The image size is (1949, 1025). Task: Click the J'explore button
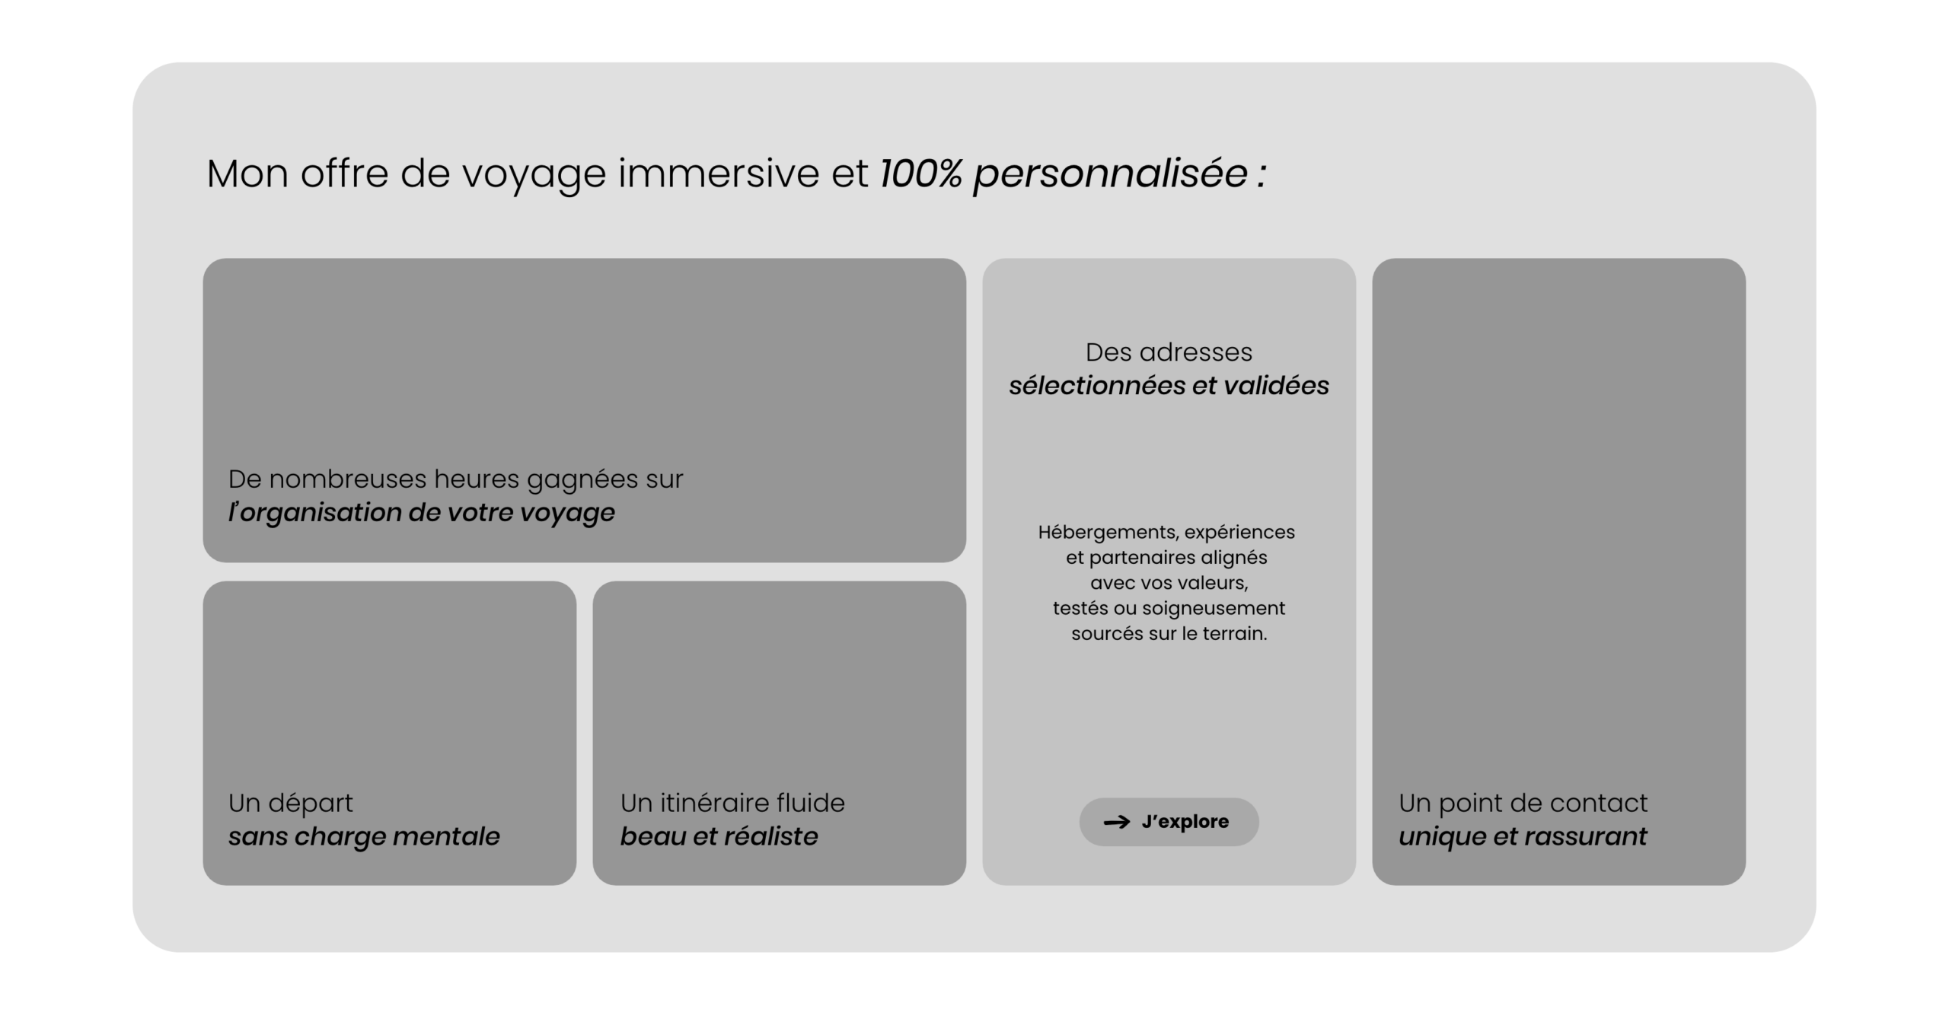pyautogui.click(x=1169, y=821)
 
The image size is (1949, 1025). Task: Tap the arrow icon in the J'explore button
pyautogui.click(x=1117, y=822)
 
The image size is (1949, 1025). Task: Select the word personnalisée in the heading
pyautogui.click(x=1111, y=175)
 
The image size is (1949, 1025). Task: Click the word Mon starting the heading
pyautogui.click(x=247, y=173)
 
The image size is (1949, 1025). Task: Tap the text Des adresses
pyautogui.click(x=1169, y=352)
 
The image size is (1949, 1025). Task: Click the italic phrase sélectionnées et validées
pyautogui.click(x=1169, y=385)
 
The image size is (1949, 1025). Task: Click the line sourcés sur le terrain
pyautogui.click(x=1169, y=633)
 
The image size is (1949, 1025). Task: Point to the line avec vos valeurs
pyautogui.click(x=1169, y=583)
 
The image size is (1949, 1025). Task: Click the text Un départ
pyautogui.click(x=290, y=803)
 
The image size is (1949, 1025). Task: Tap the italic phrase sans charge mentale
pyautogui.click(x=364, y=836)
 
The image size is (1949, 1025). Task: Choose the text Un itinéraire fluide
pyautogui.click(x=732, y=803)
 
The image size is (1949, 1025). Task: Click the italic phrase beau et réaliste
pyautogui.click(x=719, y=836)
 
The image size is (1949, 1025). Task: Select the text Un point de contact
pyautogui.click(x=1523, y=803)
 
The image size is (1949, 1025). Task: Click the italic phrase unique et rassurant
pyautogui.click(x=1523, y=836)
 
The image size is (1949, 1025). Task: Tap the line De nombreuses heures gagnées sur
pyautogui.click(x=455, y=479)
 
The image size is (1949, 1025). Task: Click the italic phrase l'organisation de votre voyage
pyautogui.click(x=421, y=513)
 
